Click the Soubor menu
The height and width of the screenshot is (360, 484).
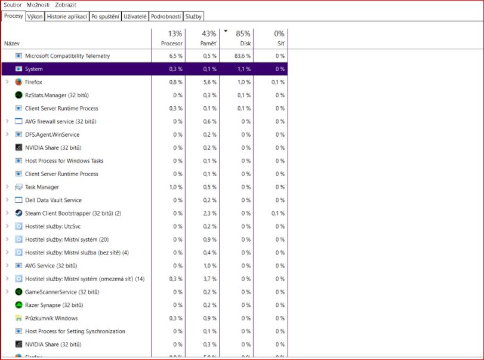[x=13, y=5]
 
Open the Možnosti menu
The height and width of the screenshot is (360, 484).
[x=38, y=5]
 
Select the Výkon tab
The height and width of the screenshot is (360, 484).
[x=35, y=17]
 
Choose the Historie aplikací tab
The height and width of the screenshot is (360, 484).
[x=67, y=17]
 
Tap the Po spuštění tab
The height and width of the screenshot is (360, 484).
[x=105, y=17]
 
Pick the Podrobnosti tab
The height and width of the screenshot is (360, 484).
[x=166, y=17]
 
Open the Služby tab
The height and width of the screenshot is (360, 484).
[x=193, y=17]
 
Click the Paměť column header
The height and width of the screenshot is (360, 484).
[x=202, y=38]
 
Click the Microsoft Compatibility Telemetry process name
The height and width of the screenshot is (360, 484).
[x=67, y=56]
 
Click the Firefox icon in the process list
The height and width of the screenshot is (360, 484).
[x=19, y=82]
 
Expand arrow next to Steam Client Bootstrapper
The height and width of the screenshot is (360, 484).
[x=7, y=214]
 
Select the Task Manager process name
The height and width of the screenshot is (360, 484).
[x=42, y=187]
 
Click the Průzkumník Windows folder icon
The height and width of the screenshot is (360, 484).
[x=19, y=319]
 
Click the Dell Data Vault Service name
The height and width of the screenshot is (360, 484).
[x=53, y=201]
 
